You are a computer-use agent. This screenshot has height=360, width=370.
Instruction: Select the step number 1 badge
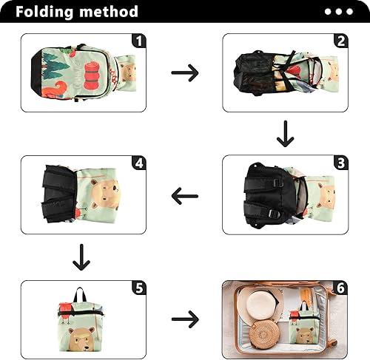tap(138, 41)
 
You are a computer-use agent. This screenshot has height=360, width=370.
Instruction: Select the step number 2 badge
tap(340, 41)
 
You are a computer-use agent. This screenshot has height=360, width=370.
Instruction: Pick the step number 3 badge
tap(340, 163)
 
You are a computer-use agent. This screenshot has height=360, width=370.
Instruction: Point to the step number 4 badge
tap(138, 163)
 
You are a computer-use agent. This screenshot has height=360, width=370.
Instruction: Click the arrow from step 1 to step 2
tap(185, 72)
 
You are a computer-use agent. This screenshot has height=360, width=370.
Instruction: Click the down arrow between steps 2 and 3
tap(285, 133)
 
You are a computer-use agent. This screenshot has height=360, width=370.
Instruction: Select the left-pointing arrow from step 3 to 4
tap(185, 197)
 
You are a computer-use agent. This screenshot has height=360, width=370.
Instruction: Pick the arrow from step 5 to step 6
tap(185, 319)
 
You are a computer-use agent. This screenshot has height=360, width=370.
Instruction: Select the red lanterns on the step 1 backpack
tap(91, 74)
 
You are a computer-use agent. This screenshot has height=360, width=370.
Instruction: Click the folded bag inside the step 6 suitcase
tap(305, 324)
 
